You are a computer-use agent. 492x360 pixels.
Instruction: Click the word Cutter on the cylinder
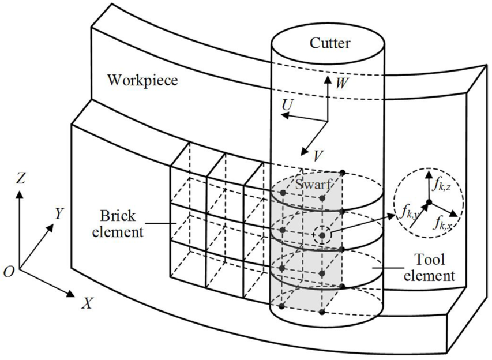(x=330, y=43)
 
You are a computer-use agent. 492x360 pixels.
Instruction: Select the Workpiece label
(x=143, y=80)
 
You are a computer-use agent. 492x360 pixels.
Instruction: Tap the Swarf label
(x=313, y=185)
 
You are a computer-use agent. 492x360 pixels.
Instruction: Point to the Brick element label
(x=118, y=224)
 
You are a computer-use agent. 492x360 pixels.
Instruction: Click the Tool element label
(x=429, y=268)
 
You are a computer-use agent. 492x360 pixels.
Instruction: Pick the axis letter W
(x=341, y=83)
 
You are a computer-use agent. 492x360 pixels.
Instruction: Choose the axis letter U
(x=287, y=106)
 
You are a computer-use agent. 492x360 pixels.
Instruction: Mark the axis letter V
(x=318, y=155)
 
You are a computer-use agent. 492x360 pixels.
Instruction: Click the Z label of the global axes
(x=20, y=178)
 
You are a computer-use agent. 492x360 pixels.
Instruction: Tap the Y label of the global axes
(x=59, y=214)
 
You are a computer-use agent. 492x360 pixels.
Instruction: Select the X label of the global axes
(x=88, y=303)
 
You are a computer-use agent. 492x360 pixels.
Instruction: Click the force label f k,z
(x=441, y=186)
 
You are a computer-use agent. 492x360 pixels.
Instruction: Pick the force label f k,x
(x=444, y=223)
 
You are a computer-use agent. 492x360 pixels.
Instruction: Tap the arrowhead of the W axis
(x=328, y=79)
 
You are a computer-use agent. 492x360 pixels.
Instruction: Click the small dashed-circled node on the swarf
(x=322, y=235)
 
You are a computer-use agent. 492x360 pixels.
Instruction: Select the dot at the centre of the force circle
(x=429, y=202)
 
